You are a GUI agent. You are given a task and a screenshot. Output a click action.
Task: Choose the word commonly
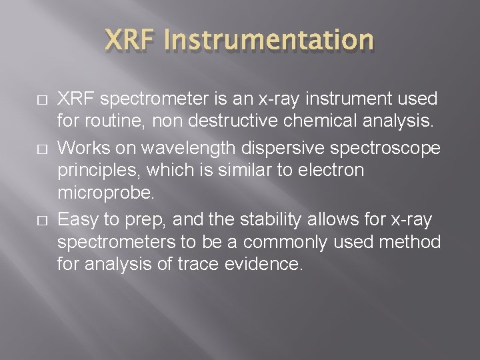pyautogui.click(x=291, y=241)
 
